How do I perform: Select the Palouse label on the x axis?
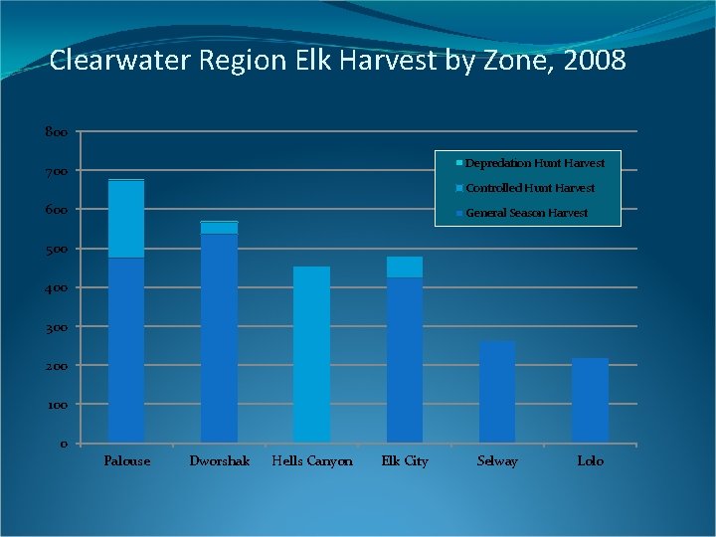pos(127,461)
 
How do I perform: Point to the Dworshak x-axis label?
pos(220,461)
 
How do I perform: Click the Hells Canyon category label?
pos(312,461)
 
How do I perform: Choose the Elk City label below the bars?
pos(405,461)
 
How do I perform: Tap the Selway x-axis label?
pos(497,461)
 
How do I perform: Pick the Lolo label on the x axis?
pos(590,461)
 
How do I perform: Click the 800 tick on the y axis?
pos(56,132)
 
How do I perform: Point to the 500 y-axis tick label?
pos(56,250)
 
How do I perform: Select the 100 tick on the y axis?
pos(56,406)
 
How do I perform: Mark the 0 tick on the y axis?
pos(63,445)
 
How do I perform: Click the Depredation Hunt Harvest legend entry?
pos(534,163)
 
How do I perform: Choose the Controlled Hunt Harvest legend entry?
pos(529,188)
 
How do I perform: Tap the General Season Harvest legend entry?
pos(526,213)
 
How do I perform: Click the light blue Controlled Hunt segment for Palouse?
pos(126,219)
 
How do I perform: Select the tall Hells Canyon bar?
pos(311,353)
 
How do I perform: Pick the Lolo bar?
pos(590,400)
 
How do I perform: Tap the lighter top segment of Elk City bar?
pos(405,267)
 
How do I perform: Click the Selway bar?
pos(497,391)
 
